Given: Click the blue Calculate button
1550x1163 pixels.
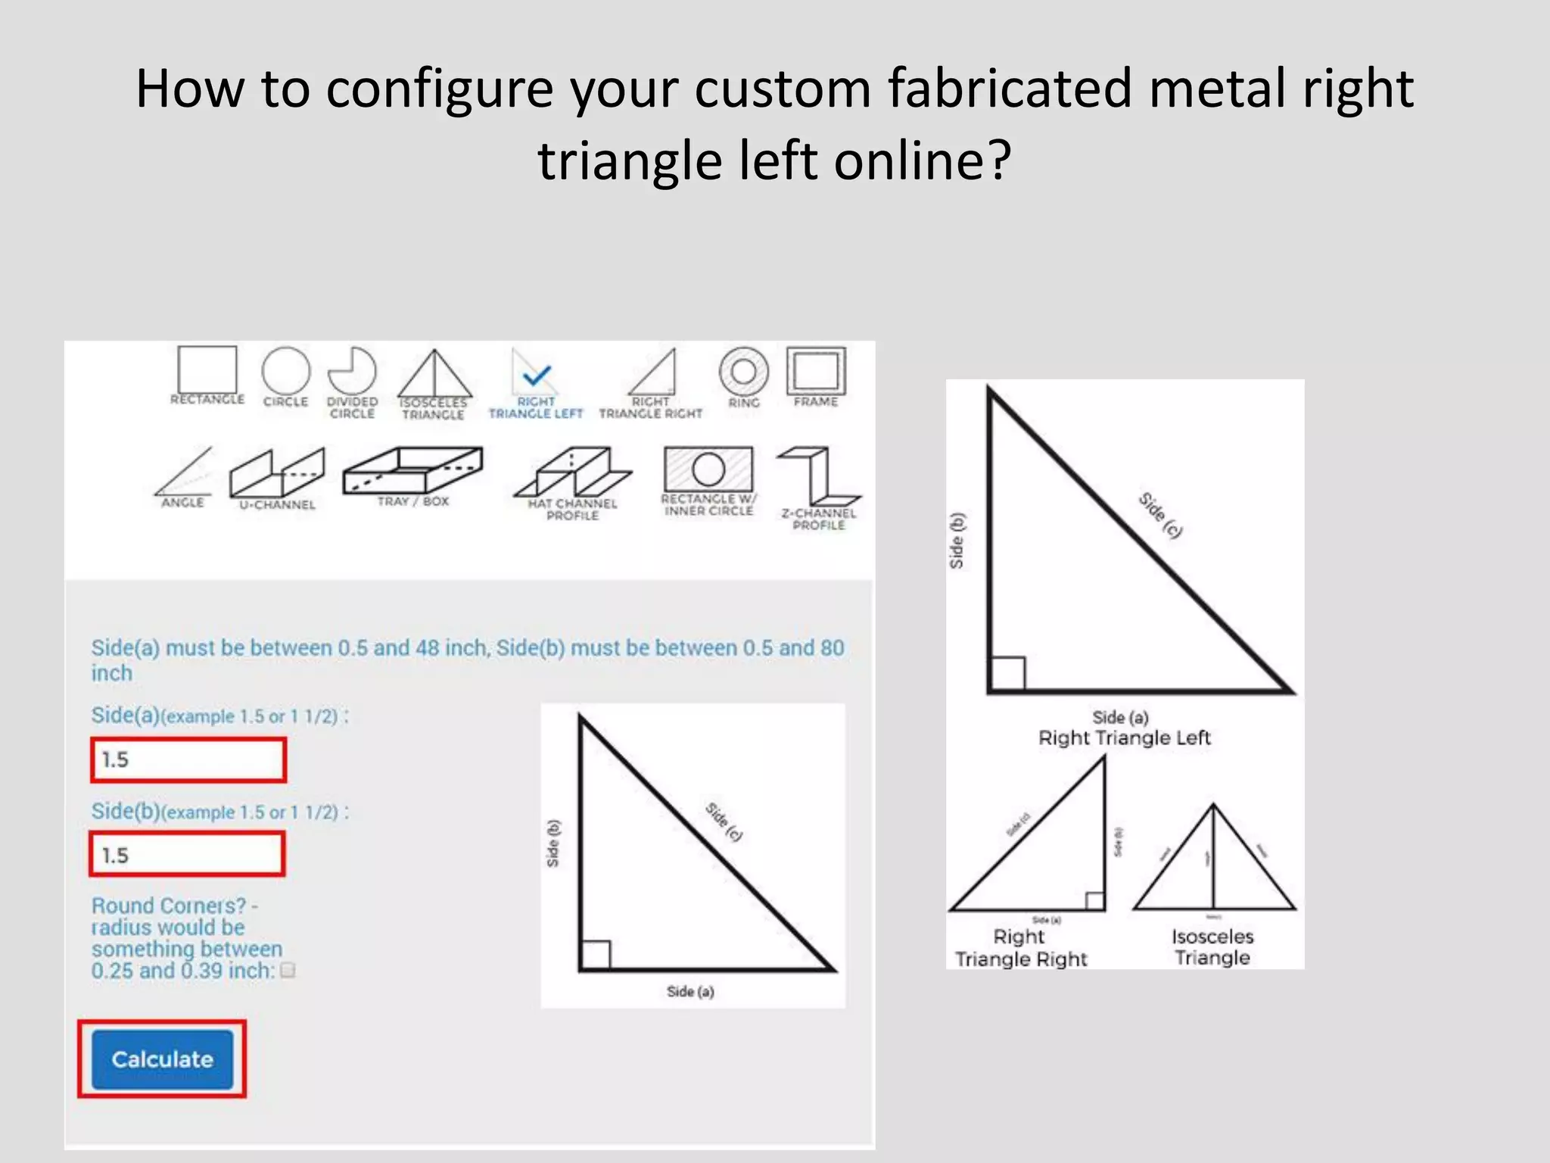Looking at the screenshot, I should point(162,1059).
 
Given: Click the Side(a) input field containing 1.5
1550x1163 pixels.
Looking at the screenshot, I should point(188,759).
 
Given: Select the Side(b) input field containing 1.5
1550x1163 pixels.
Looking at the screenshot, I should point(188,855).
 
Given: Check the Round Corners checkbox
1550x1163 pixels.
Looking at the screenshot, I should point(288,970).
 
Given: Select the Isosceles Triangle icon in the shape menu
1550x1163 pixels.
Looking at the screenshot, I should point(434,374).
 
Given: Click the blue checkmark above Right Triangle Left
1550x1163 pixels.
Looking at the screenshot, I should point(537,374).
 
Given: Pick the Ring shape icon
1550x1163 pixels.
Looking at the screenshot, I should point(743,371).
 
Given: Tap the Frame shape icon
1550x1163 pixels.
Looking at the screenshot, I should point(815,371).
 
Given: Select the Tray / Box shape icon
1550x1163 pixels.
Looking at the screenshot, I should point(412,470).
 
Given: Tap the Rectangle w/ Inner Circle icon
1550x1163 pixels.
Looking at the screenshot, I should point(708,469).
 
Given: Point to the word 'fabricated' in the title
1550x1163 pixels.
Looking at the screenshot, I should point(1010,89).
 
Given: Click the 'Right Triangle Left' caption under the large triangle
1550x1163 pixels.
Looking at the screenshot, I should point(1124,737).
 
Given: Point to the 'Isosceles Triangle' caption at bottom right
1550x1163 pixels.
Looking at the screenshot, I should point(1212,947).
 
